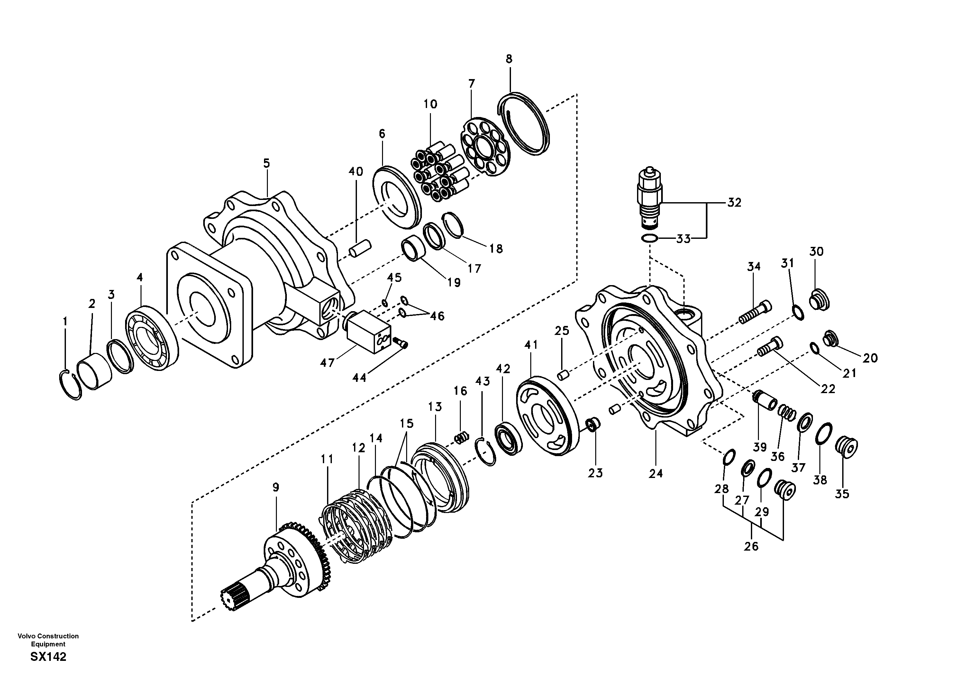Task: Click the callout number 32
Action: click(734, 203)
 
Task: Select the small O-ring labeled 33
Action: click(649, 238)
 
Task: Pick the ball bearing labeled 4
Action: click(152, 338)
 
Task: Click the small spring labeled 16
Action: click(460, 438)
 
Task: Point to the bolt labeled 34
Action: click(755, 312)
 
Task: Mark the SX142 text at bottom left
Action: click(48, 657)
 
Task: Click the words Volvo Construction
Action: click(48, 636)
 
